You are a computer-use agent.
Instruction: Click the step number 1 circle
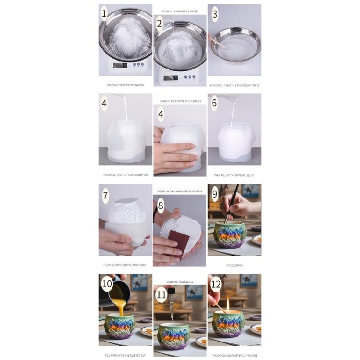tap(104, 13)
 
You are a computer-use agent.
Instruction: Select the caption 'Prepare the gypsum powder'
tap(125, 85)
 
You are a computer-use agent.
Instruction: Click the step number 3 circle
tap(215, 14)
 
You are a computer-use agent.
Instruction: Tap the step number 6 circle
tap(214, 103)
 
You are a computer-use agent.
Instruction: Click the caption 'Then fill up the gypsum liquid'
tap(234, 175)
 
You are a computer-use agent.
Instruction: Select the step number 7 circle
tap(105, 195)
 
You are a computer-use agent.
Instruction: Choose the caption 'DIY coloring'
tap(234, 265)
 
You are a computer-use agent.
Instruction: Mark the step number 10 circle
tap(107, 285)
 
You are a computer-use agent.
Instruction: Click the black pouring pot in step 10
tap(118, 291)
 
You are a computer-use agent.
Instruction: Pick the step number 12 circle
tap(216, 284)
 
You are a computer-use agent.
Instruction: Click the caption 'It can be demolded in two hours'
tap(125, 265)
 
